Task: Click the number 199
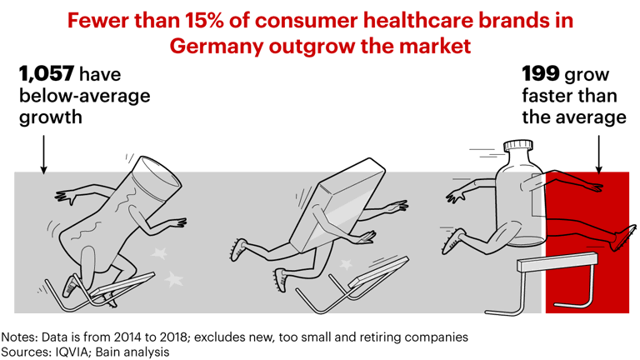(539, 75)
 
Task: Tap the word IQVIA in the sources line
(83, 352)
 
